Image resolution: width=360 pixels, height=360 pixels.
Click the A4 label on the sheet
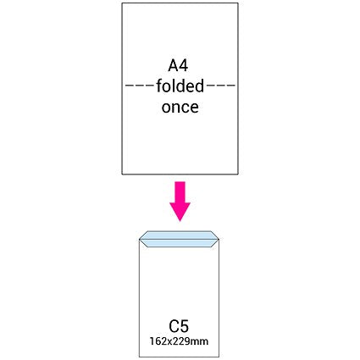178,65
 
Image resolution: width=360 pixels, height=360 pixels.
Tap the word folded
180,86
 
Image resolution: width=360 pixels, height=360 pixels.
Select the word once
180,108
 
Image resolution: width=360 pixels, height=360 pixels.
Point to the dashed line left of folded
139,86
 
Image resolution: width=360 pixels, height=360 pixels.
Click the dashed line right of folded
221,86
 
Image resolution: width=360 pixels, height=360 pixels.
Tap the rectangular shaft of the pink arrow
180,192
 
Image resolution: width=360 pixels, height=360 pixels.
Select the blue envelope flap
179,239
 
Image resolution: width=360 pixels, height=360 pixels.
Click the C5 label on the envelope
179,326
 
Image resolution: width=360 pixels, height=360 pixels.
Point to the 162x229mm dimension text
179,341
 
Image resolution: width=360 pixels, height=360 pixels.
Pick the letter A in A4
173,65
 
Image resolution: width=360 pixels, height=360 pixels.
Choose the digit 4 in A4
184,65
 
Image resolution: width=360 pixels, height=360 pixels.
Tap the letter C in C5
174,326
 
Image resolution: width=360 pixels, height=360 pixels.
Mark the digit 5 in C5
185,326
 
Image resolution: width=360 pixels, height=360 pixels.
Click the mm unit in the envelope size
201,342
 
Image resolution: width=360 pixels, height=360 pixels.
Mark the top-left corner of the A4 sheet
122,3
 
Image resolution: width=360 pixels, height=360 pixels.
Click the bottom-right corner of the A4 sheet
238,174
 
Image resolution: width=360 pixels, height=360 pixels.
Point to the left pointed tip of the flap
140,240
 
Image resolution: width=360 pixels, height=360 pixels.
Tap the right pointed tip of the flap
219,240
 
